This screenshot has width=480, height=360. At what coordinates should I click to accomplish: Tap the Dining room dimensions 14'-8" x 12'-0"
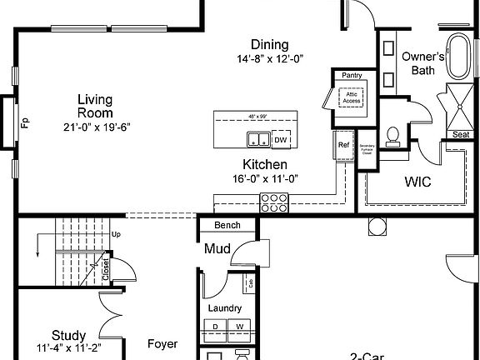pyautogui.click(x=269, y=59)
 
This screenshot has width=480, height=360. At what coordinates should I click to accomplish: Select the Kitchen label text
pyautogui.click(x=265, y=164)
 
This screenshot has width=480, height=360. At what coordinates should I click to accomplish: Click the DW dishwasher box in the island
pyautogui.click(x=281, y=138)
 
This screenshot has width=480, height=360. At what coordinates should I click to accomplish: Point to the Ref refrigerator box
pyautogui.click(x=343, y=145)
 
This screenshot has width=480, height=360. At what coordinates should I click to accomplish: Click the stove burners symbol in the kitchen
pyautogui.click(x=274, y=201)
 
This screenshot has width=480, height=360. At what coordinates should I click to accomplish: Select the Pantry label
pyautogui.click(x=351, y=76)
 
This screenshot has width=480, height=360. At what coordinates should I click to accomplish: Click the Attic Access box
pyautogui.click(x=352, y=98)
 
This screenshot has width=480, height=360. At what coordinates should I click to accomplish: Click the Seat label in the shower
pyautogui.click(x=460, y=134)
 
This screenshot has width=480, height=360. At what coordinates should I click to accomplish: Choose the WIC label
pyautogui.click(x=417, y=182)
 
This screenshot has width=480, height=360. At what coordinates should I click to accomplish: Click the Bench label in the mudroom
pyautogui.click(x=227, y=226)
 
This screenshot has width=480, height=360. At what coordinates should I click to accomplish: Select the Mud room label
pyautogui.click(x=217, y=248)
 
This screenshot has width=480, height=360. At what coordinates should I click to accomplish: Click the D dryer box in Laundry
pyautogui.click(x=216, y=326)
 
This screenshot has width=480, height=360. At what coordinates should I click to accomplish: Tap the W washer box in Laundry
pyautogui.click(x=239, y=326)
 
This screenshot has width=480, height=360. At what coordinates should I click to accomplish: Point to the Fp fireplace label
pyautogui.click(x=25, y=124)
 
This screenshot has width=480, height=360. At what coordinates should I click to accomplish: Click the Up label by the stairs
pyautogui.click(x=116, y=235)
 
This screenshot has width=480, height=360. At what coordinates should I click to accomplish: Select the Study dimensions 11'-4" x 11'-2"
pyautogui.click(x=68, y=349)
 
